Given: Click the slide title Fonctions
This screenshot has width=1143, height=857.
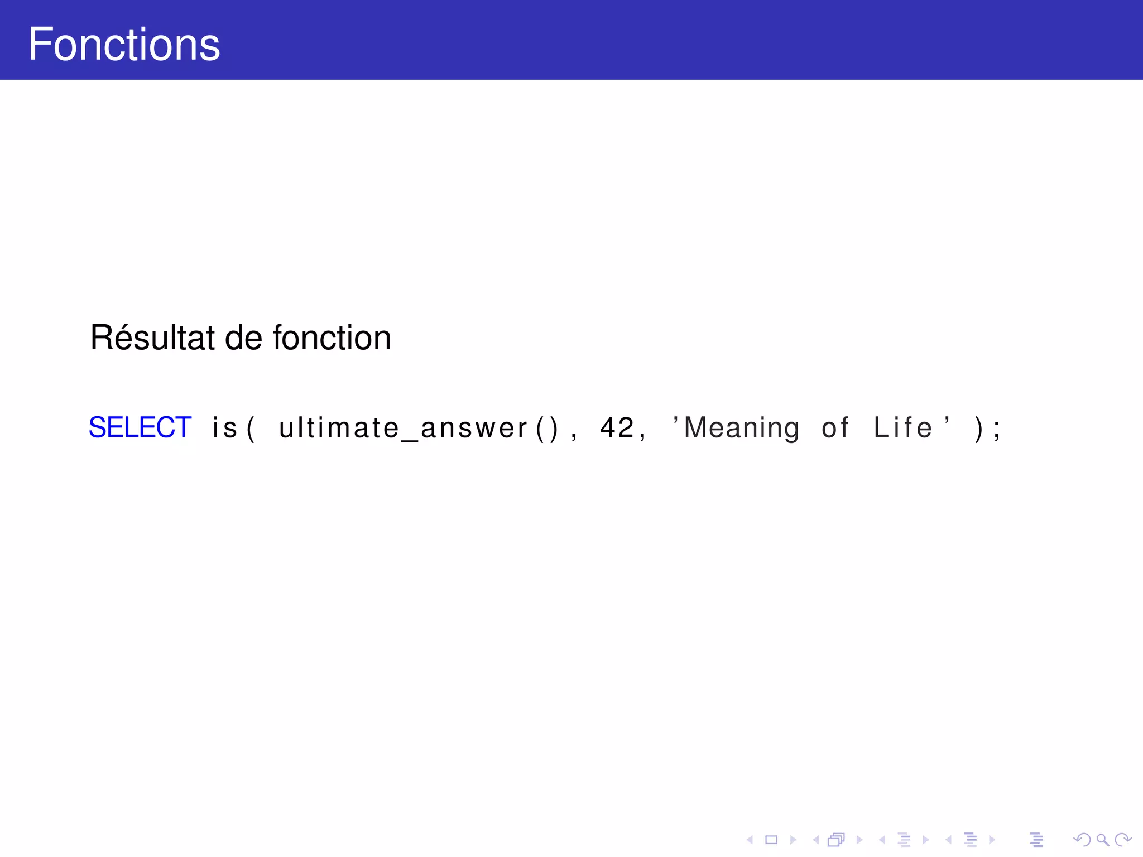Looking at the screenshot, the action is point(124,44).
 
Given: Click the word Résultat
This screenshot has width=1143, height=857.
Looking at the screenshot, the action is point(152,338).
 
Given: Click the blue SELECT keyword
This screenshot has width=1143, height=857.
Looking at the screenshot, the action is point(140,427).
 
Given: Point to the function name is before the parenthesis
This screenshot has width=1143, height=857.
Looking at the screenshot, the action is point(225,428).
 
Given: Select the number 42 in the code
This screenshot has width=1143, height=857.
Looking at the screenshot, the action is point(617,428).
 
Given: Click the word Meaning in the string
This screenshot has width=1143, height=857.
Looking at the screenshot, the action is point(742,428).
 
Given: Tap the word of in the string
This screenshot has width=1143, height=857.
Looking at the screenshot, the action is point(835,428).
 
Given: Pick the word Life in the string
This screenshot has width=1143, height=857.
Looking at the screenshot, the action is point(902,428).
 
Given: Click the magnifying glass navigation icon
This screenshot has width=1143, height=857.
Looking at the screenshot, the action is point(1102,840).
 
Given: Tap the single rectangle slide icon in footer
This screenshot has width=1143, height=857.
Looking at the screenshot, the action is point(771,840).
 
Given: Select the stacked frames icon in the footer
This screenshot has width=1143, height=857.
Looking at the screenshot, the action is point(836,840).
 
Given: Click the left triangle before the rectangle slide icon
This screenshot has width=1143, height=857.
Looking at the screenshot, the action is point(750,840).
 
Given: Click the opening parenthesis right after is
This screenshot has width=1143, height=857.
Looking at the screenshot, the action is point(251,428).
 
